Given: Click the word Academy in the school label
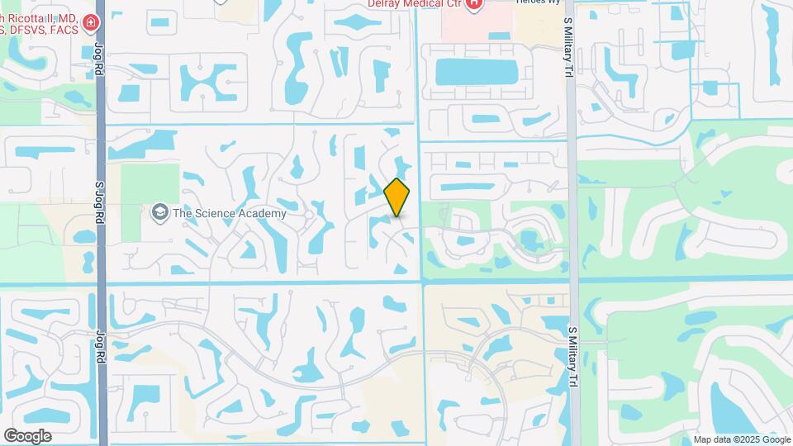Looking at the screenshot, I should [x=265, y=213].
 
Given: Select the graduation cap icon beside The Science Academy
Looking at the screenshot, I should [x=159, y=213].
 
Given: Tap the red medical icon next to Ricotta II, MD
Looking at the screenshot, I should [x=89, y=23].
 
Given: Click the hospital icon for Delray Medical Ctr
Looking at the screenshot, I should [x=474, y=5].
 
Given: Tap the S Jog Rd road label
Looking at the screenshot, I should [x=99, y=203].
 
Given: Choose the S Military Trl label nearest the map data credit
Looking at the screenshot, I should [x=571, y=357].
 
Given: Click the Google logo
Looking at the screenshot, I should [x=27, y=436].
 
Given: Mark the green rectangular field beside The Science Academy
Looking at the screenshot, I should [x=150, y=185].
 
